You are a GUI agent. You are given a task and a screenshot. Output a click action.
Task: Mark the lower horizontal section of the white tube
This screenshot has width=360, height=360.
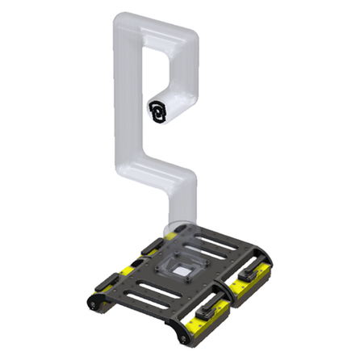157,172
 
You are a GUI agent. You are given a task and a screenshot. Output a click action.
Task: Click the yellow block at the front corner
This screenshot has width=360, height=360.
201,324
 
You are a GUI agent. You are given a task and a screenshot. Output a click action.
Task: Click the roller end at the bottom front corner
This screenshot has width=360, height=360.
179,329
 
